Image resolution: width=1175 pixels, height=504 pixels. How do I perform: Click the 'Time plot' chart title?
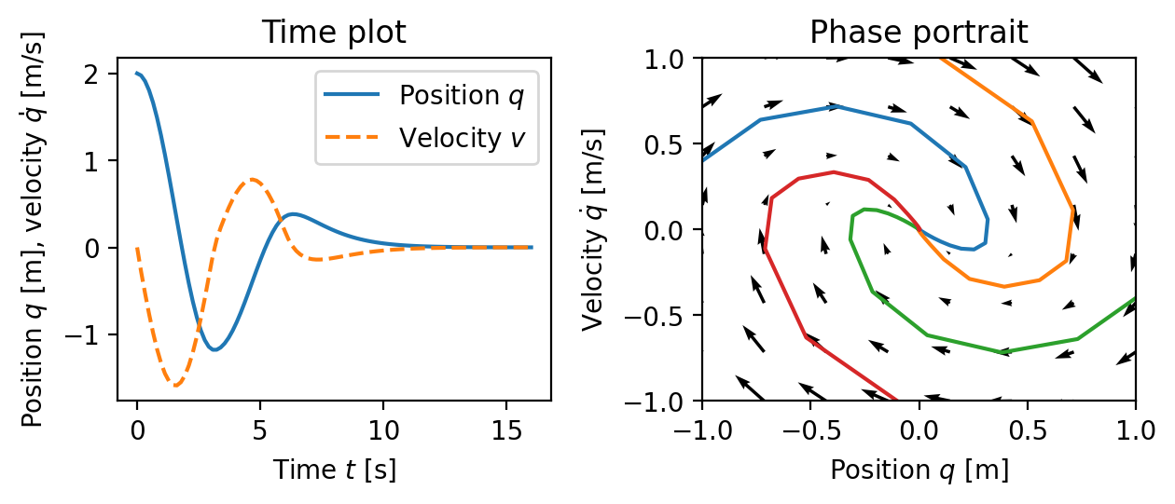click(x=333, y=33)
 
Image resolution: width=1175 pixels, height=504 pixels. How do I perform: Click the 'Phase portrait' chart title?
click(x=918, y=33)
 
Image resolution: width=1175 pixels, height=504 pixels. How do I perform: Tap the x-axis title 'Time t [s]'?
click(x=334, y=470)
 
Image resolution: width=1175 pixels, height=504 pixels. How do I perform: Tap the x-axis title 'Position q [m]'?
click(x=919, y=470)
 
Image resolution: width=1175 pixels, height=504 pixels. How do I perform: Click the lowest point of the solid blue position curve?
click(x=214, y=350)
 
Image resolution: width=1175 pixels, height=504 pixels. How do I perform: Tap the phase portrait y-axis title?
click(x=593, y=229)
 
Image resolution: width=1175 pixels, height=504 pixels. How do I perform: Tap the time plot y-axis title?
click(x=34, y=229)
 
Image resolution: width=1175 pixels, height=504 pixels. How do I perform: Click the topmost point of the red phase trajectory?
click(x=833, y=171)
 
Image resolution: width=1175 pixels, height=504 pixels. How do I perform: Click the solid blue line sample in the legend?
click(x=352, y=95)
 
